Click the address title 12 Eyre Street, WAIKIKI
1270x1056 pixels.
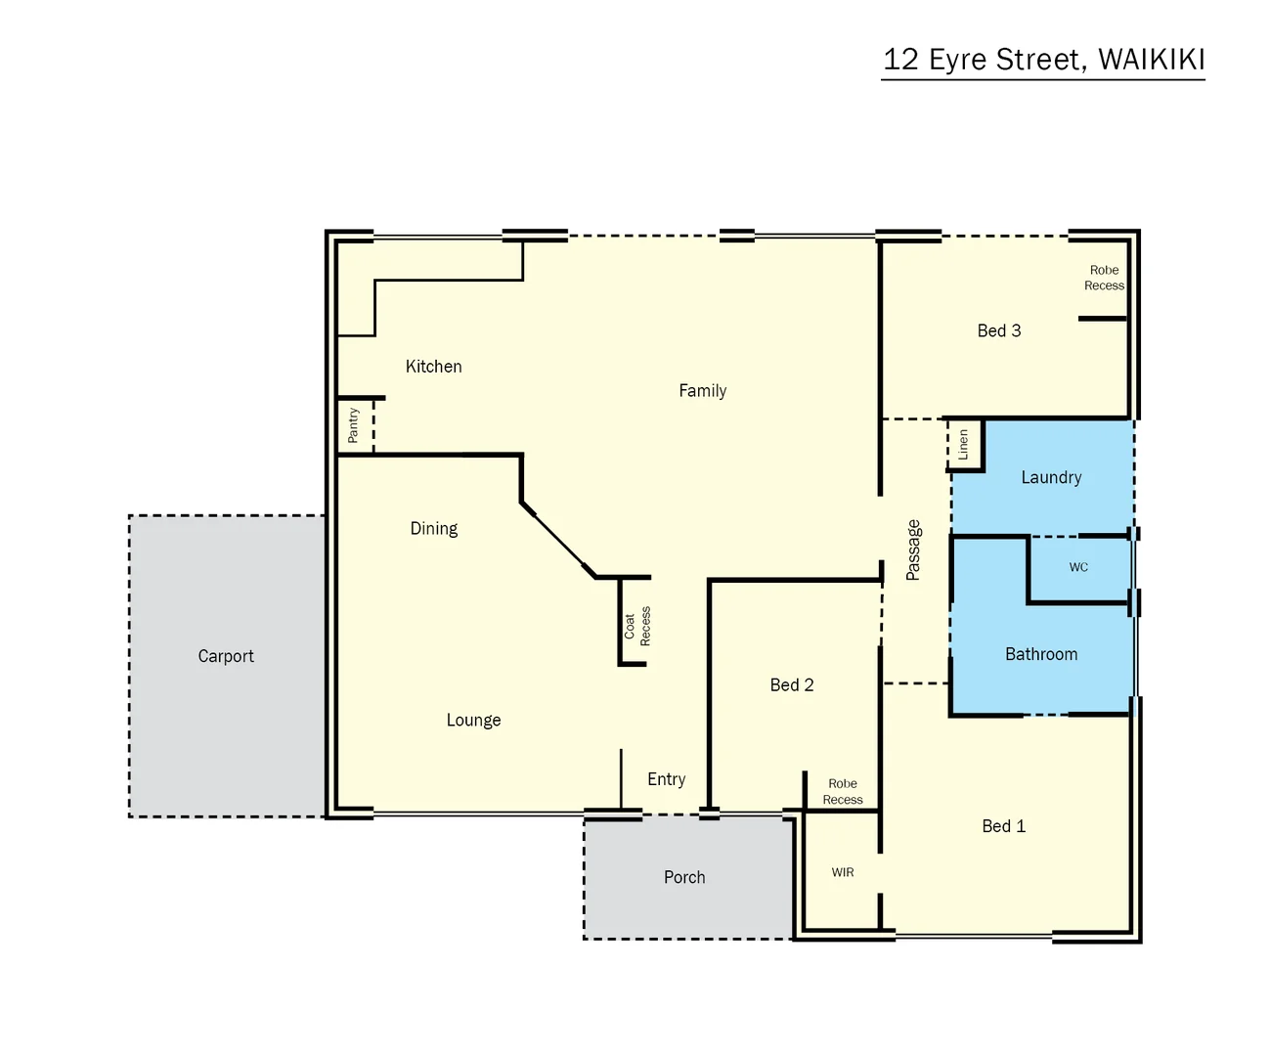coord(1043,60)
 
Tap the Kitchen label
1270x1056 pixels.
coord(433,367)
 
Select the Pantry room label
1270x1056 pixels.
coord(354,425)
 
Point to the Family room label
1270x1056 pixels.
coord(702,391)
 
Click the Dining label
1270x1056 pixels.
coord(433,529)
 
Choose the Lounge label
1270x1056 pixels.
coord(473,721)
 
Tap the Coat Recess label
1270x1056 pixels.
coord(637,626)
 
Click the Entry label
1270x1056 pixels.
coord(666,779)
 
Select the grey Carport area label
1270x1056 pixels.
coord(226,656)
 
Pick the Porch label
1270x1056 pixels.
coord(684,877)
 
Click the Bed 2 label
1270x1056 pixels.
coord(791,685)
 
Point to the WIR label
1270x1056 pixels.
coord(843,872)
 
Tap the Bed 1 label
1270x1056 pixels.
coord(1003,826)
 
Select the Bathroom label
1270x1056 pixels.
coord(1041,654)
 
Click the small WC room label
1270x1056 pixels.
coord(1078,567)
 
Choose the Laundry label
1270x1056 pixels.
coord(1051,477)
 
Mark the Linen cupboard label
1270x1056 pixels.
coord(964,445)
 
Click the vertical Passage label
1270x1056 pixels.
coord(913,550)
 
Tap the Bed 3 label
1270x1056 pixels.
coord(998,330)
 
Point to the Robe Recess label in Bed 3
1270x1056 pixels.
coord(1104,278)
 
